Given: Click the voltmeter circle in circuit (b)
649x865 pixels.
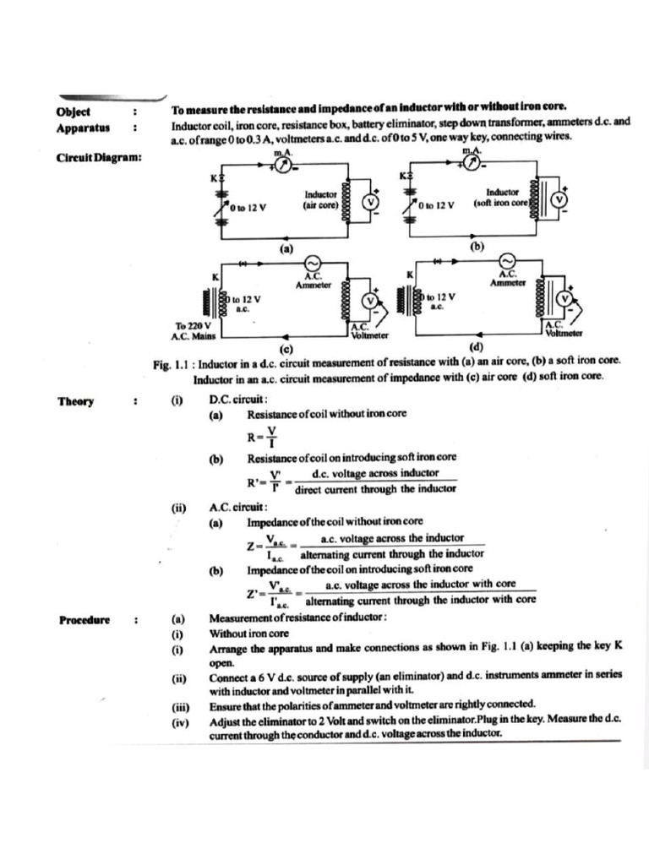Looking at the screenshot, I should [x=557, y=199].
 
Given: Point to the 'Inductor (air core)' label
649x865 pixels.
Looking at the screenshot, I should [x=320, y=199].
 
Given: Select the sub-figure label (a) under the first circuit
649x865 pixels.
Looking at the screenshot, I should [x=286, y=249].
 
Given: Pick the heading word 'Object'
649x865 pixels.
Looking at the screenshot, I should [x=73, y=112].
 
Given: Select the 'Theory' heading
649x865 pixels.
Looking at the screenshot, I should [x=75, y=402].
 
